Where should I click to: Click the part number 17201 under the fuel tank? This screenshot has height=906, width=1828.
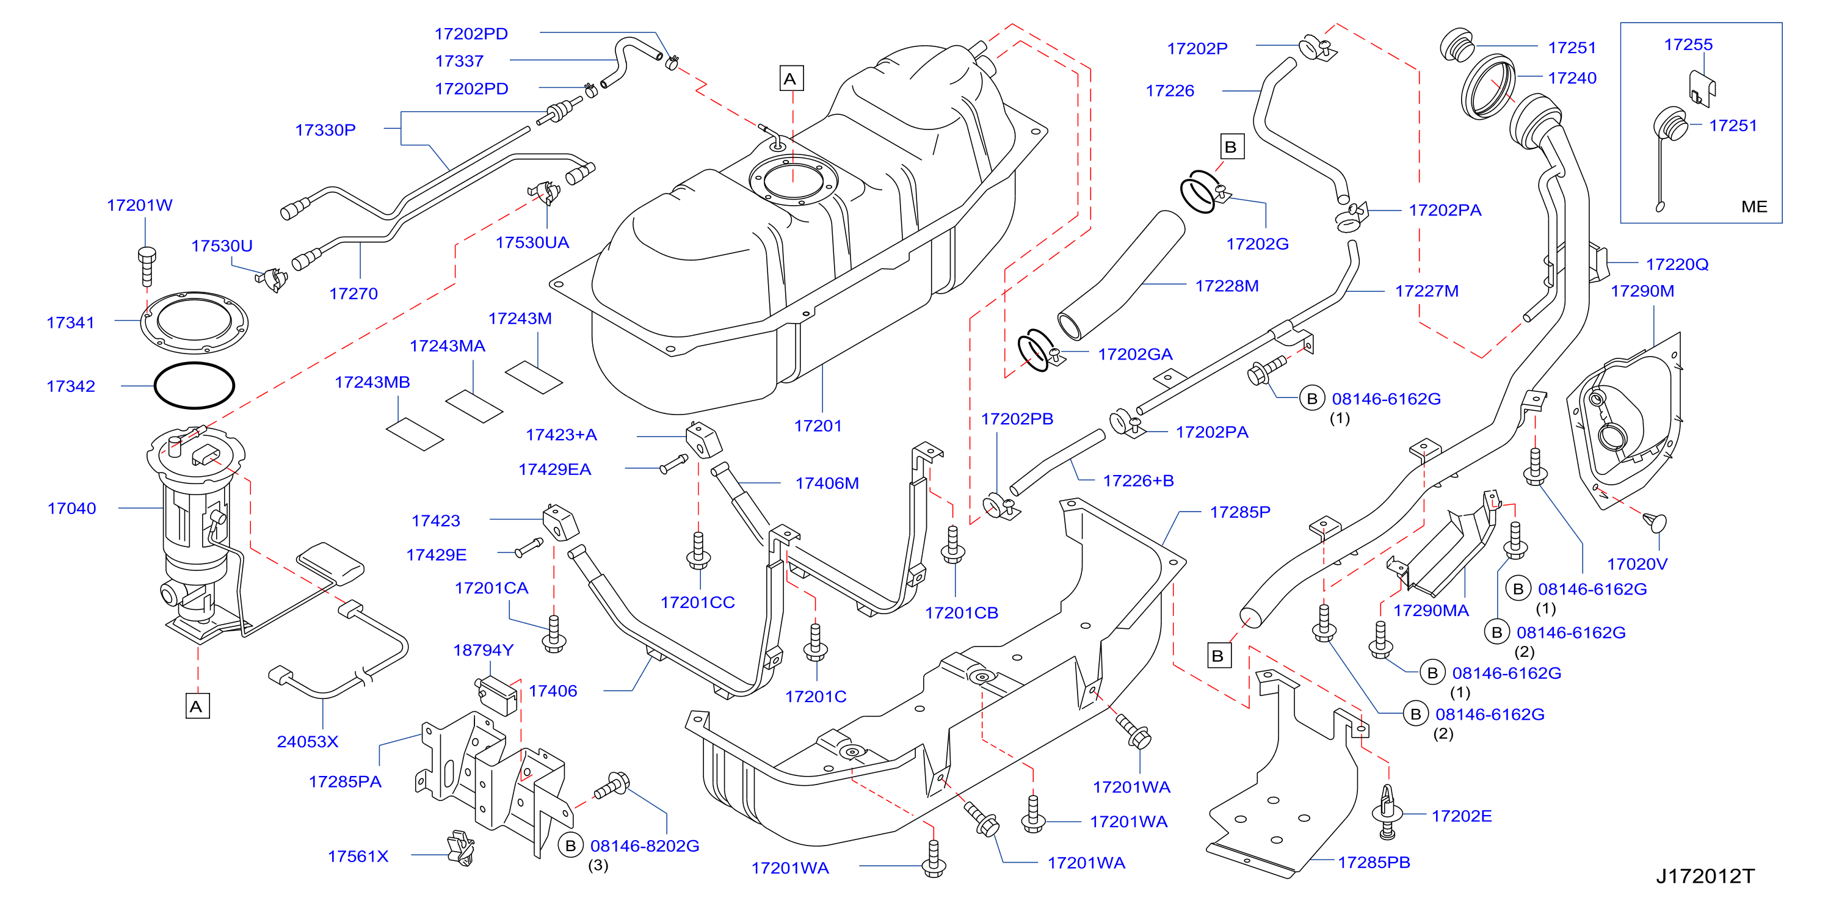coord(818,426)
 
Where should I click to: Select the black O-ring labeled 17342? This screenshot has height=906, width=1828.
coord(194,385)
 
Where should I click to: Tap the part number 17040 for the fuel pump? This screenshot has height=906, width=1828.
coord(71,508)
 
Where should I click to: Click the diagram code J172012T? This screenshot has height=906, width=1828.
coord(1705,876)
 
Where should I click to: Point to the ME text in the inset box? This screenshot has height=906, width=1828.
coord(1754,206)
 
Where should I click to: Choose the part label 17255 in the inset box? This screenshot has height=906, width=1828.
coord(1688,45)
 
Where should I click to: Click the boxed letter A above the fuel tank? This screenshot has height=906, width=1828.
coord(790,79)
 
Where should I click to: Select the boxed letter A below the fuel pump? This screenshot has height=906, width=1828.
coord(197,706)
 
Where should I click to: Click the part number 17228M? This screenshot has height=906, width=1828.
coord(1227,286)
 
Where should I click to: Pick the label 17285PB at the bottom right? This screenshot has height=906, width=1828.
coord(1374,862)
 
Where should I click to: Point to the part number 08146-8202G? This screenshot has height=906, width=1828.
coord(644,846)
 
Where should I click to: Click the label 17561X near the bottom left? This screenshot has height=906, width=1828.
coord(358,857)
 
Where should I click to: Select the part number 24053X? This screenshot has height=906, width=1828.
coord(307,741)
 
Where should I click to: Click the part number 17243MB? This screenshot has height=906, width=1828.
coord(372,382)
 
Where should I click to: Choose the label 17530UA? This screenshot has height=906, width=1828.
coord(532,242)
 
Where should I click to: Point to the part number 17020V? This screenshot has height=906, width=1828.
coord(1637,564)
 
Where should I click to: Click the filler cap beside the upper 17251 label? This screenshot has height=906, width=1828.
coord(1457,45)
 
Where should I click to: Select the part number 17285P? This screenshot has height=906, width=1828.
coord(1239,512)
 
